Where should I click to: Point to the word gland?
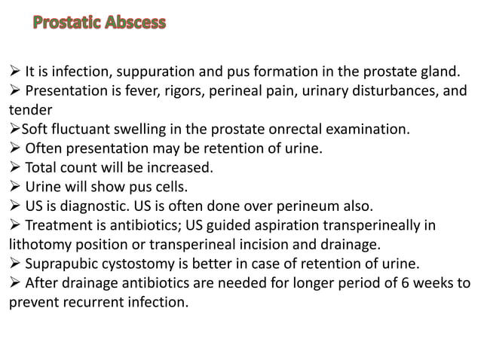(437, 72)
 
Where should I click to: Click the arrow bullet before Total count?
(15, 166)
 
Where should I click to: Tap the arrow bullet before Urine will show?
(15, 185)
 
